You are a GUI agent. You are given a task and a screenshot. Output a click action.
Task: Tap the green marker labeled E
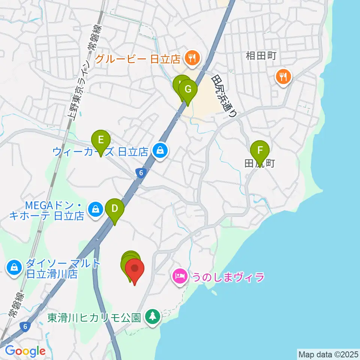[x=100, y=140]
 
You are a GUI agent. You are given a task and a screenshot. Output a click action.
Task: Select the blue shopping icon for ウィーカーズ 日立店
[x=160, y=151]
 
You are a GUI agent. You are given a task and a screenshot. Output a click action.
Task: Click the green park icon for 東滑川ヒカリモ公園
[x=153, y=317]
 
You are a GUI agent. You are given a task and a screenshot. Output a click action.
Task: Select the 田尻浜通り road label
[x=224, y=96]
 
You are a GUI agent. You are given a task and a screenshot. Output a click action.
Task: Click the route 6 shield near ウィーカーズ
[x=140, y=173]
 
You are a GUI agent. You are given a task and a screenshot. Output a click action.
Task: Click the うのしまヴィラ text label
[x=228, y=277]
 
